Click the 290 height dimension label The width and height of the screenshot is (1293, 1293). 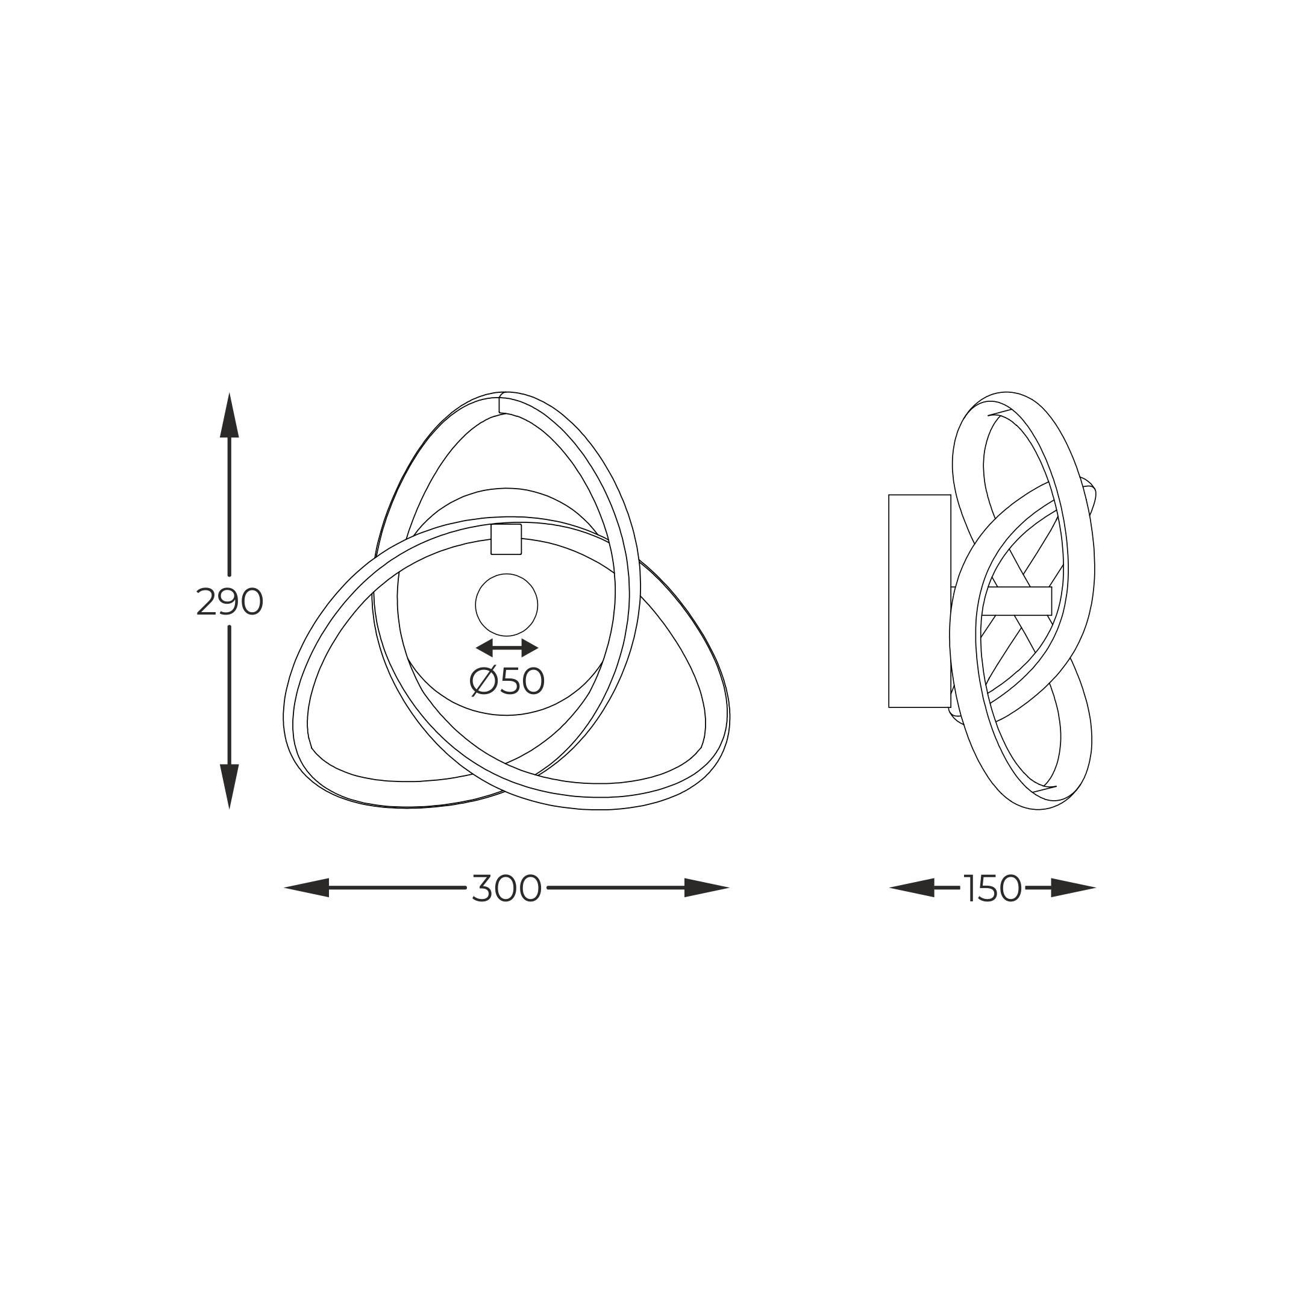click(230, 602)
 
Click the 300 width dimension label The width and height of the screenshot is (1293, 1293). click(507, 888)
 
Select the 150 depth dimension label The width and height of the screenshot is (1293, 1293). click(992, 888)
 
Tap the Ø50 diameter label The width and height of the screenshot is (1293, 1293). click(507, 681)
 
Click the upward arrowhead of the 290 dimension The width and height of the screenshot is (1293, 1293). click(230, 415)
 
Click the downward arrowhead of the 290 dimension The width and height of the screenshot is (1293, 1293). click(230, 786)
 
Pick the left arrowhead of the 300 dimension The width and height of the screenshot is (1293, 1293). click(307, 888)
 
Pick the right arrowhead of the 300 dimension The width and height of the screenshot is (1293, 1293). click(707, 888)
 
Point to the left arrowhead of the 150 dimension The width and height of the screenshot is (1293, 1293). click(912, 888)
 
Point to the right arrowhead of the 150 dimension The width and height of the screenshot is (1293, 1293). click(1074, 888)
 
